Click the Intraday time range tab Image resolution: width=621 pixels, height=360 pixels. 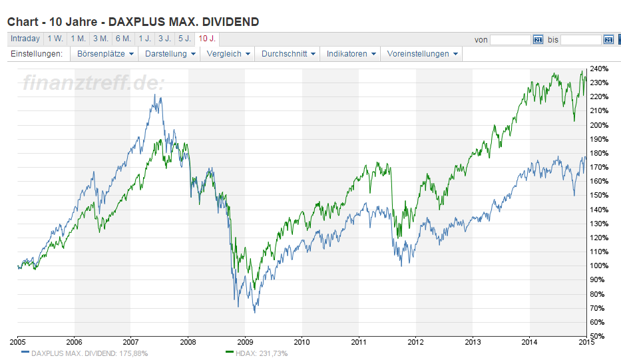(x=25, y=39)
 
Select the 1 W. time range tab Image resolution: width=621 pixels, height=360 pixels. (x=55, y=39)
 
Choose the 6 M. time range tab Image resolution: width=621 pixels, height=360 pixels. (x=122, y=39)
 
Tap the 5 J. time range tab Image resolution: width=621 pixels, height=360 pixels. (x=184, y=39)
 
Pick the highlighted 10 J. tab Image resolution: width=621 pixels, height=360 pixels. (x=208, y=39)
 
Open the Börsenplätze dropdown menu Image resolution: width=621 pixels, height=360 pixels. (x=105, y=54)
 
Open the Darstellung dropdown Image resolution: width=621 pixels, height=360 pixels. (x=170, y=54)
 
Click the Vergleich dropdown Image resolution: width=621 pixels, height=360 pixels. (x=228, y=54)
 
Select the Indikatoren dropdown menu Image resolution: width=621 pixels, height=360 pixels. (x=351, y=54)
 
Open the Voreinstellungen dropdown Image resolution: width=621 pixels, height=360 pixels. (x=422, y=54)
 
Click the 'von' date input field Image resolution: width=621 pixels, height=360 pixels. (x=511, y=40)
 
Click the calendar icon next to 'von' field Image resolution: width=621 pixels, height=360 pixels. (x=538, y=40)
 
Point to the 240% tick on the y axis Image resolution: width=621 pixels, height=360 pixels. (x=600, y=69)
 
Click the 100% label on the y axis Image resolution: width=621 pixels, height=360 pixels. (x=600, y=266)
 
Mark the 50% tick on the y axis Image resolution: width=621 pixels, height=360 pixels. (x=598, y=336)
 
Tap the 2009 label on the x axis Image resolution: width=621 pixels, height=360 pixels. (x=245, y=342)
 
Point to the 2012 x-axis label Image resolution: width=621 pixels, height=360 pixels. (x=415, y=342)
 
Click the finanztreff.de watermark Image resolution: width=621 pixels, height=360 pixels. (x=93, y=83)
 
